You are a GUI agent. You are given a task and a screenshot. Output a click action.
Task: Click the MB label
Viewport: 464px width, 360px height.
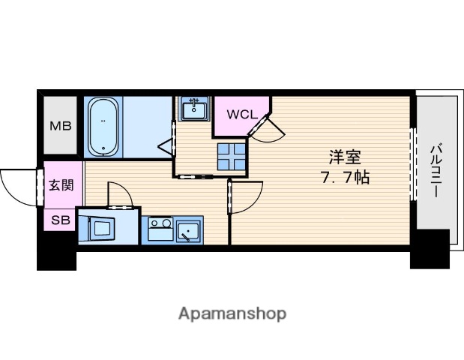pyautogui.click(x=60, y=125)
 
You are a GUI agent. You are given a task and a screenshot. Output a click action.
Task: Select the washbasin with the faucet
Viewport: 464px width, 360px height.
pyautogui.click(x=195, y=109)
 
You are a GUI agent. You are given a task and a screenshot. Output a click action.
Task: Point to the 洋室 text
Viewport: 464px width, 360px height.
pyautogui.click(x=345, y=158)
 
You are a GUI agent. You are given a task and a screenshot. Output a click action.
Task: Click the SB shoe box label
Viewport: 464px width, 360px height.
pyautogui.click(x=60, y=220)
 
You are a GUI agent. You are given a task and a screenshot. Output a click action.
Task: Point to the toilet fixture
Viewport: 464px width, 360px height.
pyautogui.click(x=97, y=226)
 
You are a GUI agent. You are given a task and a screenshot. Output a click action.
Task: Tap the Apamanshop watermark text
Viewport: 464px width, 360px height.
pyautogui.click(x=232, y=313)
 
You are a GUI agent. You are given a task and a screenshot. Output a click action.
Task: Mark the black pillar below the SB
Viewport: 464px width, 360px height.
pyautogui.click(x=57, y=257)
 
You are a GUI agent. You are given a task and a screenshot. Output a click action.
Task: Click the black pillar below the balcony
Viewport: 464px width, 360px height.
pyautogui.click(x=429, y=250)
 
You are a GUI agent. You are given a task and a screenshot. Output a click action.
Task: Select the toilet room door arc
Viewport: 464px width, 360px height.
pyautogui.click(x=120, y=195)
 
